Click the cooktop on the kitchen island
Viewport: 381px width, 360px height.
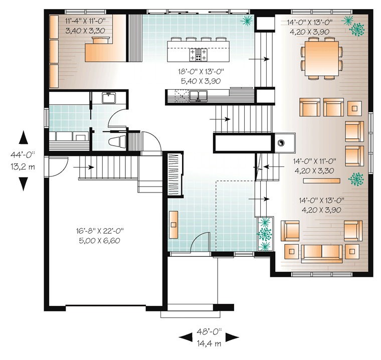click(198, 55)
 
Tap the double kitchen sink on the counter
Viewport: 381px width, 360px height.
click(199, 95)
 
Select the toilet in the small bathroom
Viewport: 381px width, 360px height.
click(117, 142)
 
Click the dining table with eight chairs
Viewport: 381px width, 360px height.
click(322, 59)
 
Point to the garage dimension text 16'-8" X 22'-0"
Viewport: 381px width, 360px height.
click(100, 231)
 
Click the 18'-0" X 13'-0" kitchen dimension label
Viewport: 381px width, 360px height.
click(201, 72)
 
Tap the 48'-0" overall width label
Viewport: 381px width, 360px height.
click(209, 331)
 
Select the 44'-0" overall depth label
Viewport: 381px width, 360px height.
click(23, 154)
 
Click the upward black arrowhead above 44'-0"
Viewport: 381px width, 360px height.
click(24, 137)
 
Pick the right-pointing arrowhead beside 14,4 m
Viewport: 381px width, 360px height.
click(233, 337)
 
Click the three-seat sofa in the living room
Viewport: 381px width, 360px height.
click(322, 254)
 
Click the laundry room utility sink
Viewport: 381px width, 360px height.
click(109, 97)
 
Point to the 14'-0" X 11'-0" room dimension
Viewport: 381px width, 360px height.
click(314, 161)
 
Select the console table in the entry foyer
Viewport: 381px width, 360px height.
click(173, 225)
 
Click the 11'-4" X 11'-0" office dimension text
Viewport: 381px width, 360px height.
click(85, 21)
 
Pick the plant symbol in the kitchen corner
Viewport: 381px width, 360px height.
click(247, 21)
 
